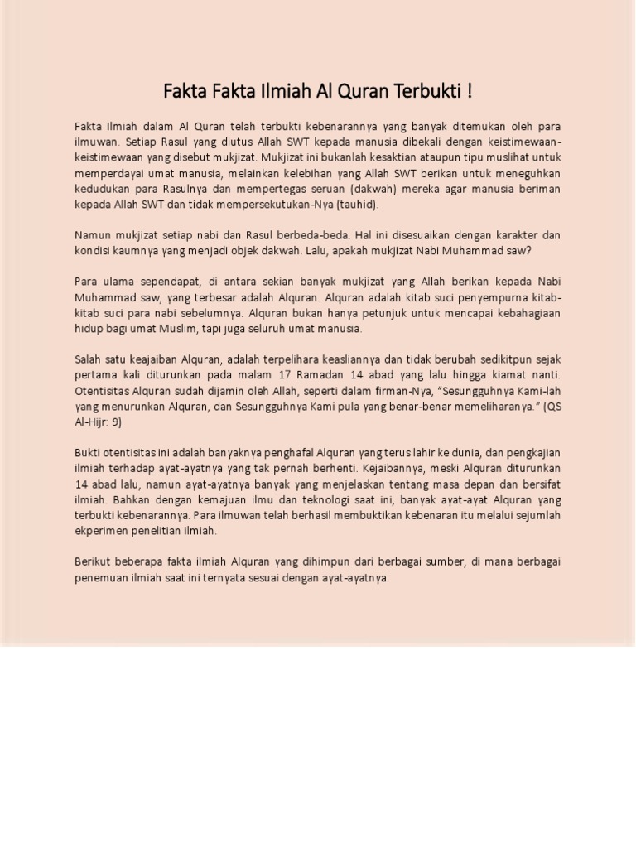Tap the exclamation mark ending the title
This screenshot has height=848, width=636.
click(x=470, y=91)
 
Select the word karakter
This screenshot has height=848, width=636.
click(x=508, y=234)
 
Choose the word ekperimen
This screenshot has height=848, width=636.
click(x=103, y=531)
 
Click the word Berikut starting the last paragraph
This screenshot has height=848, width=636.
click(x=94, y=562)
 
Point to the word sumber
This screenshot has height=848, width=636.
click(x=445, y=562)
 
